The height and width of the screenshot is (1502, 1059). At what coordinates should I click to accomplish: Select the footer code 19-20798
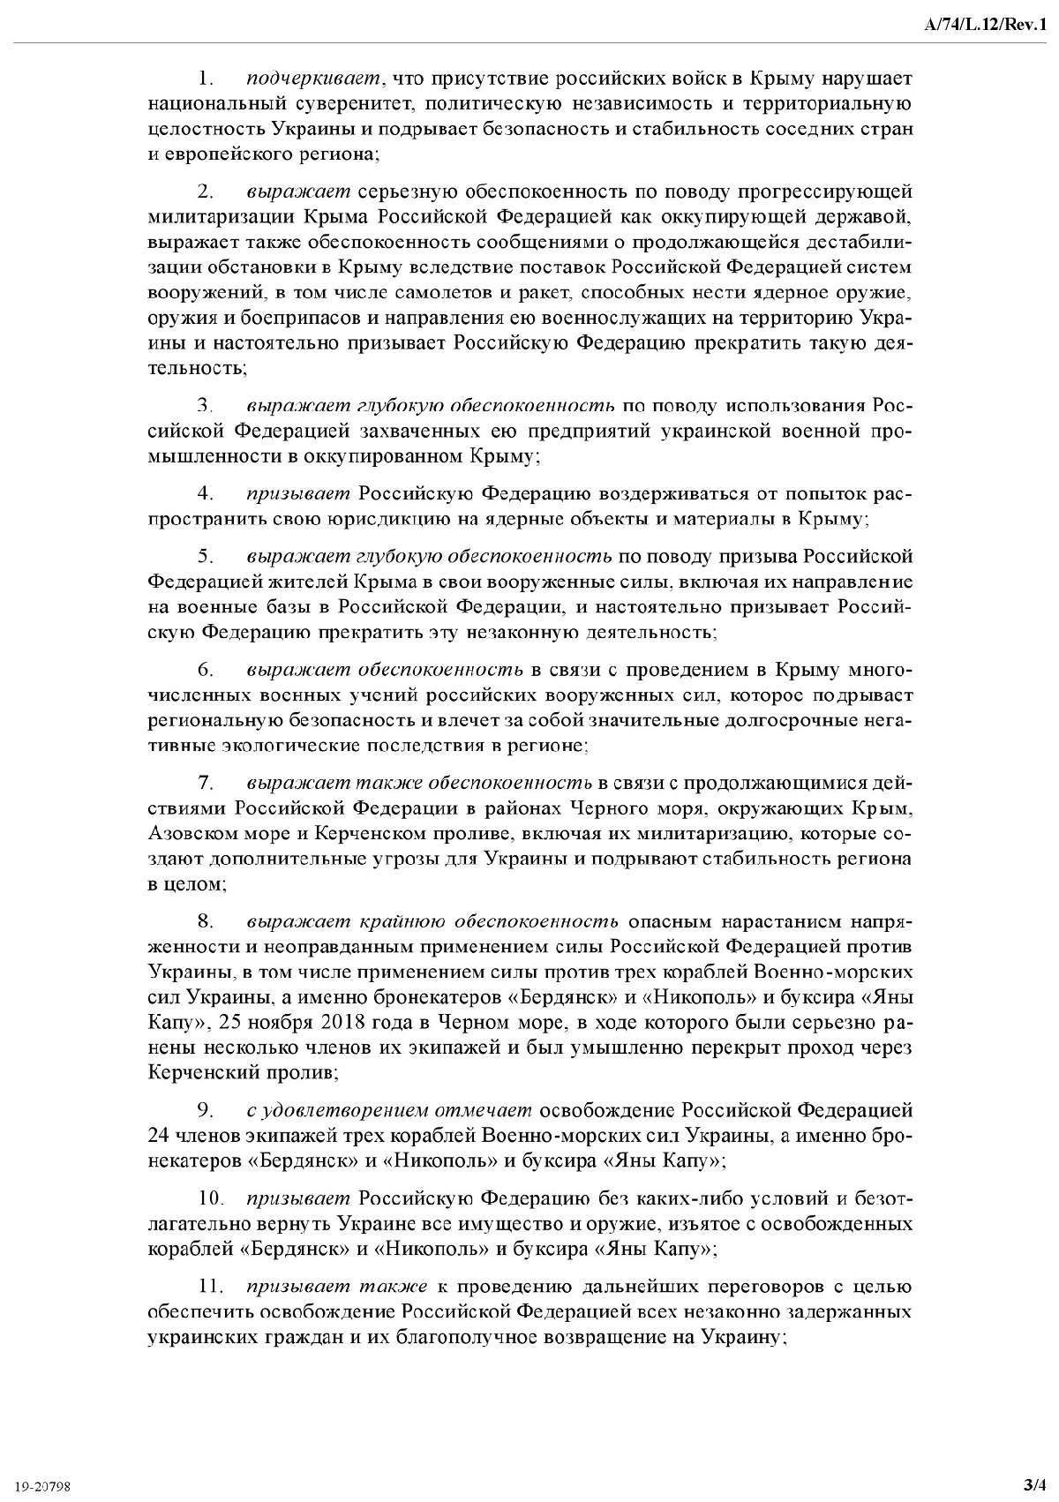[x=43, y=1485]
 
